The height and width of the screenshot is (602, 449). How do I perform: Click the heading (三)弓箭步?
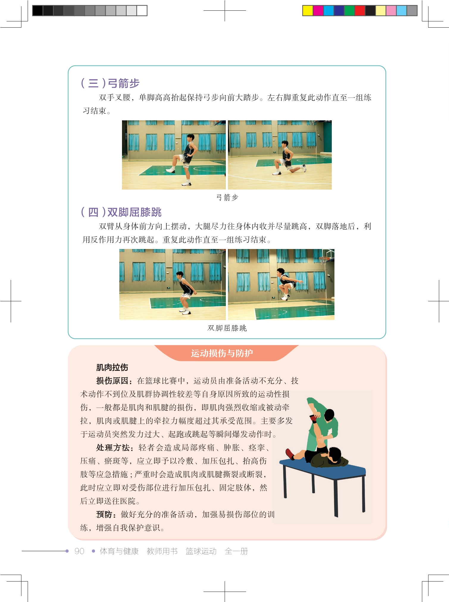click(110, 83)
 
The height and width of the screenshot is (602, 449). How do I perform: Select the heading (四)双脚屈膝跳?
click(121, 212)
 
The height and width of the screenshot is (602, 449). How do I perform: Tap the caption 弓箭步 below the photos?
click(227, 197)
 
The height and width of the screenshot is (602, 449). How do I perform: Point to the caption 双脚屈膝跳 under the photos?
click(227, 328)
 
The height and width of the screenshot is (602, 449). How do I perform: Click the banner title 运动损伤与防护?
click(222, 353)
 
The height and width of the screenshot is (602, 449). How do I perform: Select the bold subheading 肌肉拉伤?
click(112, 368)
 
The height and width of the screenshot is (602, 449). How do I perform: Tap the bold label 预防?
click(104, 515)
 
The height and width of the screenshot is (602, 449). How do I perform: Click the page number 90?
click(79, 551)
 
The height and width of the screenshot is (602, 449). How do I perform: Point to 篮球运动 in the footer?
click(201, 551)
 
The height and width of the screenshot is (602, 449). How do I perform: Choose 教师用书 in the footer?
click(162, 551)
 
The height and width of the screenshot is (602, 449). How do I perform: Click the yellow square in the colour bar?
click(308, 11)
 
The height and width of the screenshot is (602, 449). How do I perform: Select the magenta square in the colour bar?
click(318, 11)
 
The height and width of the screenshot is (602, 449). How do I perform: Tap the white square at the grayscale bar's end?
click(142, 11)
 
